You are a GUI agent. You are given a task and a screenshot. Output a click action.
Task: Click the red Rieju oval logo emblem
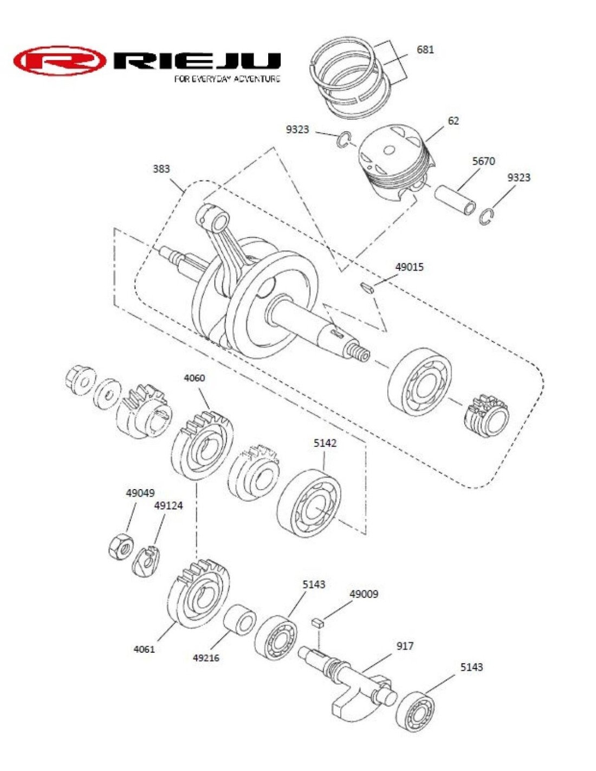coord(59,61)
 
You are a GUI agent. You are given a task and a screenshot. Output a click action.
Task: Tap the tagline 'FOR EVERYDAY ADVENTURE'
coord(227,79)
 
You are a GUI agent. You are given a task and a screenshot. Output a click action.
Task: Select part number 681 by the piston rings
coord(425,50)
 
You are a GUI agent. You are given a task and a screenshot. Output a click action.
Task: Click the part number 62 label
coord(454,121)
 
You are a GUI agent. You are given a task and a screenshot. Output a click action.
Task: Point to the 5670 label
coord(483,161)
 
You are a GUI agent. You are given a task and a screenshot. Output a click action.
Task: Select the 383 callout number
coord(161,169)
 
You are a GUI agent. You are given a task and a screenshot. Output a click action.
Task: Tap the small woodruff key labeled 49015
coord(367,287)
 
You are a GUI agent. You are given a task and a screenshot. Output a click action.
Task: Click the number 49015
coord(409,267)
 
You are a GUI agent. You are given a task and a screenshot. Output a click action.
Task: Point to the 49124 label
coord(169,506)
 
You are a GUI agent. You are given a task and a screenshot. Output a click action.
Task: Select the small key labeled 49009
coord(318,622)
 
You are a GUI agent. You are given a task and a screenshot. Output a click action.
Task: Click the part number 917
coord(405,646)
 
